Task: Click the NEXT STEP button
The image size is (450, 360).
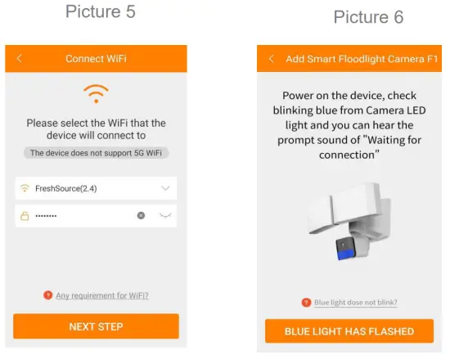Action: [96, 326]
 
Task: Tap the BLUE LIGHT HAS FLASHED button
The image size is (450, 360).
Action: [349, 331]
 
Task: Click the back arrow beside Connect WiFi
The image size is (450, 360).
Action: [20, 59]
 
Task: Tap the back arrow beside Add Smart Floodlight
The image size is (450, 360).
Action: [271, 59]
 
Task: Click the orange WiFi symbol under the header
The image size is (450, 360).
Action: [96, 92]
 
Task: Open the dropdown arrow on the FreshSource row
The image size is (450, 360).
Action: [166, 189]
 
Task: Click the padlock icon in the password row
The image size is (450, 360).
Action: [25, 216]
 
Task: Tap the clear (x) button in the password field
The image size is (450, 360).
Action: [141, 216]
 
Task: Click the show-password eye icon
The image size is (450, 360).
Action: [166, 216]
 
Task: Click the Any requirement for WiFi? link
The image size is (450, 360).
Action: [101, 295]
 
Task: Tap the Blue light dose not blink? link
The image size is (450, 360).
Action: [355, 303]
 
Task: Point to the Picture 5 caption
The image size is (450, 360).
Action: [100, 12]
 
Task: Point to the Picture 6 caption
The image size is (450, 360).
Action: [368, 18]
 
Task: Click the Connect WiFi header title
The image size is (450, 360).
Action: [96, 59]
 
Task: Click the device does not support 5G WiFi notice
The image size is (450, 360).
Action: [96, 153]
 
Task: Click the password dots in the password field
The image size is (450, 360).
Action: [46, 216]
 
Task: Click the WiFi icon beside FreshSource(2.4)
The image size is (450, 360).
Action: [25, 189]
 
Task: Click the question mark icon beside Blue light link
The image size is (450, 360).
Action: [306, 303]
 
